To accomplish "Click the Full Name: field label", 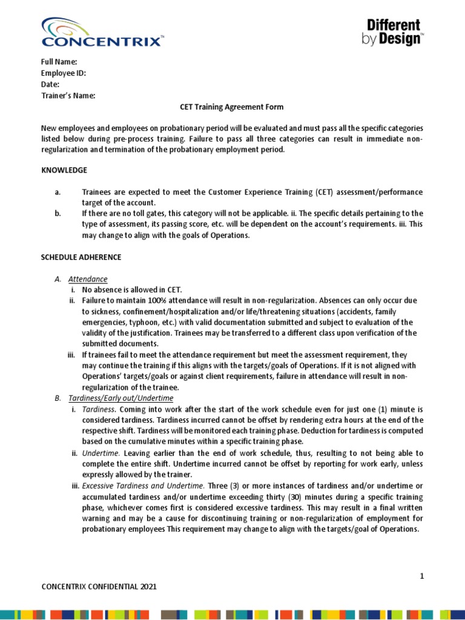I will pyautogui.click(x=59, y=62).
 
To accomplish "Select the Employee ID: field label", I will pyautogui.click(x=63, y=73).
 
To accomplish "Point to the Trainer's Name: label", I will pyautogui.click(x=68, y=96).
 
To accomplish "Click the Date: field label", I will pyautogui.click(x=50, y=84).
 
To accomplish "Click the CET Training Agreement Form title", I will pyautogui.click(x=232, y=107).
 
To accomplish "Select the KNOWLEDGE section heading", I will pyautogui.click(x=64, y=170).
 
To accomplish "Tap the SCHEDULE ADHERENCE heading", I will pyautogui.click(x=81, y=257).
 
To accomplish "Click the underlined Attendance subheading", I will pyautogui.click(x=88, y=279).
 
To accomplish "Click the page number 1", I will pyautogui.click(x=421, y=576).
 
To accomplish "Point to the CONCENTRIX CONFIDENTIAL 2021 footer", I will pyautogui.click(x=102, y=587).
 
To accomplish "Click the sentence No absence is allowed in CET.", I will pyautogui.click(x=132, y=290).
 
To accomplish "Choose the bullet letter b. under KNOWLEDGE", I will pyautogui.click(x=58, y=214).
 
